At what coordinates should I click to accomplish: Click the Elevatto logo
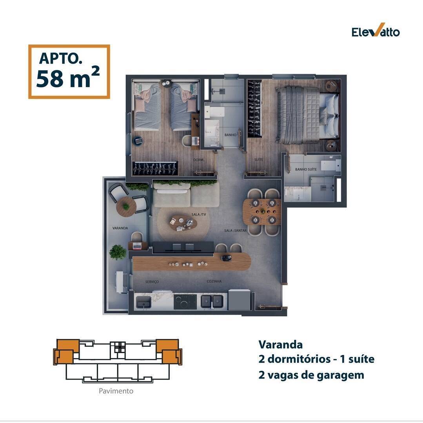pos(376,30)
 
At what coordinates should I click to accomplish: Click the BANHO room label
pos(231,135)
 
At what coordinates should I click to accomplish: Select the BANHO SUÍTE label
pos(306,169)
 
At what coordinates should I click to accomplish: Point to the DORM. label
pos(198,160)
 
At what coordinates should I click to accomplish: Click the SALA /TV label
pos(198,214)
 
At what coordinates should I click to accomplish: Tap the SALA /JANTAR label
pos(235,231)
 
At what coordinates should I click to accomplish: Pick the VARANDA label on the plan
pos(120,228)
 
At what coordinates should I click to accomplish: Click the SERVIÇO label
pos(152,282)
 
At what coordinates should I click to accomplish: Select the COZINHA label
pos(214,281)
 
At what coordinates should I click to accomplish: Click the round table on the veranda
pos(126,207)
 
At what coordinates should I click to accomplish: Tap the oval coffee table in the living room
pos(183,223)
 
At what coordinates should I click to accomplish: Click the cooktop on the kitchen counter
pos(185,302)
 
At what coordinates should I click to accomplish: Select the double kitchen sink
pos(212,301)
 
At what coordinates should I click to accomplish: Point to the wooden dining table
pos(261,212)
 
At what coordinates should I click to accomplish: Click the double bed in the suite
pos(307,115)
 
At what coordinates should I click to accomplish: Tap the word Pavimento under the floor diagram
pos(116,391)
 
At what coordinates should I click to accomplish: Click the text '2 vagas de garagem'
pos(311,375)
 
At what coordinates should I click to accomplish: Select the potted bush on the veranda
pos(118,252)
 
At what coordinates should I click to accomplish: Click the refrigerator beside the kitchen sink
pos(240,300)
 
